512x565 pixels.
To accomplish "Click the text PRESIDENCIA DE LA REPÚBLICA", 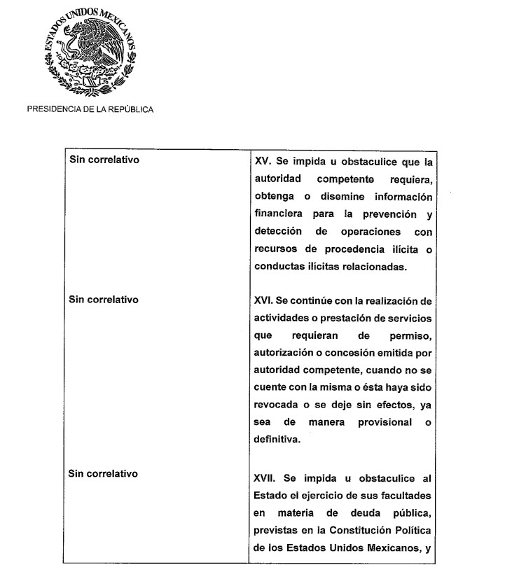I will tap(90, 109).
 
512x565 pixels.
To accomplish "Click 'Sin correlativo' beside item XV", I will tap(104, 160).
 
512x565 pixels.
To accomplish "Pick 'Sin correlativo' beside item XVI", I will tap(104, 300).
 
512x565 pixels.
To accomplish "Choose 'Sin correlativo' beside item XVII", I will tap(104, 474).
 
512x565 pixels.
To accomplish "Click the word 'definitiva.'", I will tap(278, 440).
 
